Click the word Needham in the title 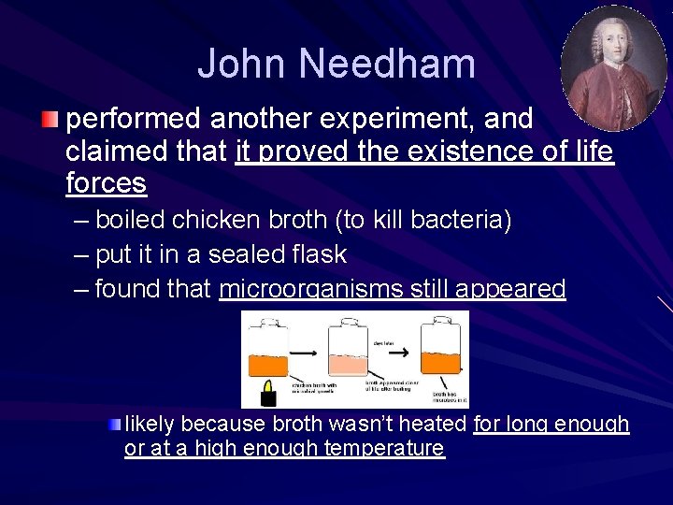(387, 64)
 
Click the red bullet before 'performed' (50, 120)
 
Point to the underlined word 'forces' (106, 183)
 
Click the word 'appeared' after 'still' (512, 289)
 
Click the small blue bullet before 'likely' (115, 425)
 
